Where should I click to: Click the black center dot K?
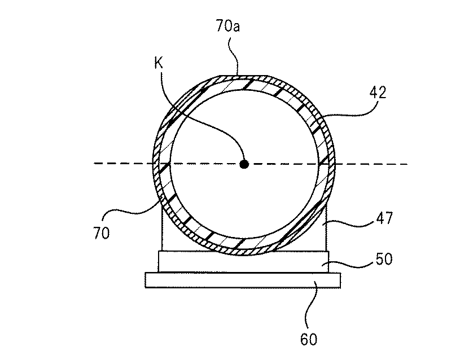point(244,164)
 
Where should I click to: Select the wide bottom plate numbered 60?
point(243,280)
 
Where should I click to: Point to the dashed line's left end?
point(95,164)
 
